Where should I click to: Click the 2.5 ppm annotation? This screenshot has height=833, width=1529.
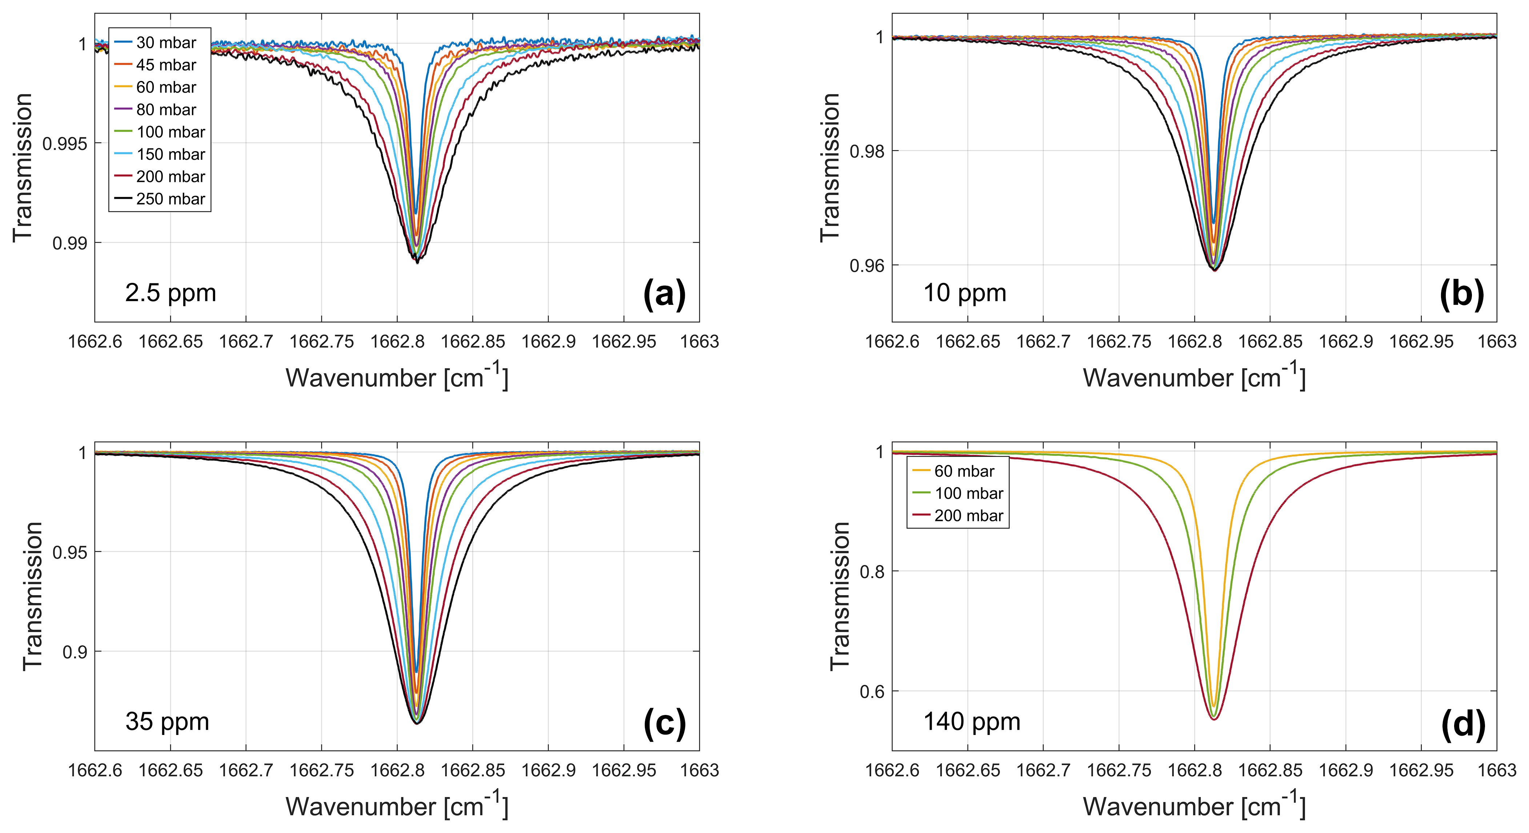(170, 293)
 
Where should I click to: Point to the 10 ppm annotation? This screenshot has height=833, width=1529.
(964, 293)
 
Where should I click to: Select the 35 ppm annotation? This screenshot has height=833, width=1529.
(167, 721)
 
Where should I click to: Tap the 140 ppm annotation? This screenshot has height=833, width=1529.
(972, 721)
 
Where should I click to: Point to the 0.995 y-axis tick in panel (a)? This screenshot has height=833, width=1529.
(64, 143)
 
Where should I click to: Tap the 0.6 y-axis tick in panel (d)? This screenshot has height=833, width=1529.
(871, 692)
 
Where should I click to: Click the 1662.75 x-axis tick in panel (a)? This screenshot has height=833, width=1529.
(322, 342)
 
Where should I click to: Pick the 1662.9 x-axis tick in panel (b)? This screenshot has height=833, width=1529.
(1345, 342)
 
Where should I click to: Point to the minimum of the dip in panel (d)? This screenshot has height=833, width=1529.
(1215, 719)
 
